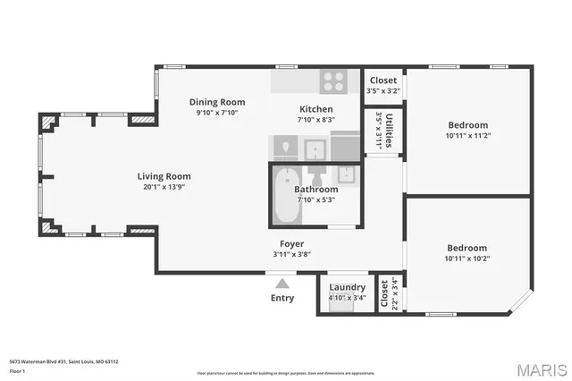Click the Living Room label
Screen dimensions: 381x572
164,176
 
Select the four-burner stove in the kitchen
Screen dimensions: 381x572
335,81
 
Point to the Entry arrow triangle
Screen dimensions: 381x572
282,284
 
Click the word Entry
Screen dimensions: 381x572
282,298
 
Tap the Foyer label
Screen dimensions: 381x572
291,243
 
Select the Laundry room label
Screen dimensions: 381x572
347,287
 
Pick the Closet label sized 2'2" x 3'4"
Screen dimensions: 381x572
384,293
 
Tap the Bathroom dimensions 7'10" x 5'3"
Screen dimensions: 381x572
316,199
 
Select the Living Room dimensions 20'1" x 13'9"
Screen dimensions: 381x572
164,187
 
